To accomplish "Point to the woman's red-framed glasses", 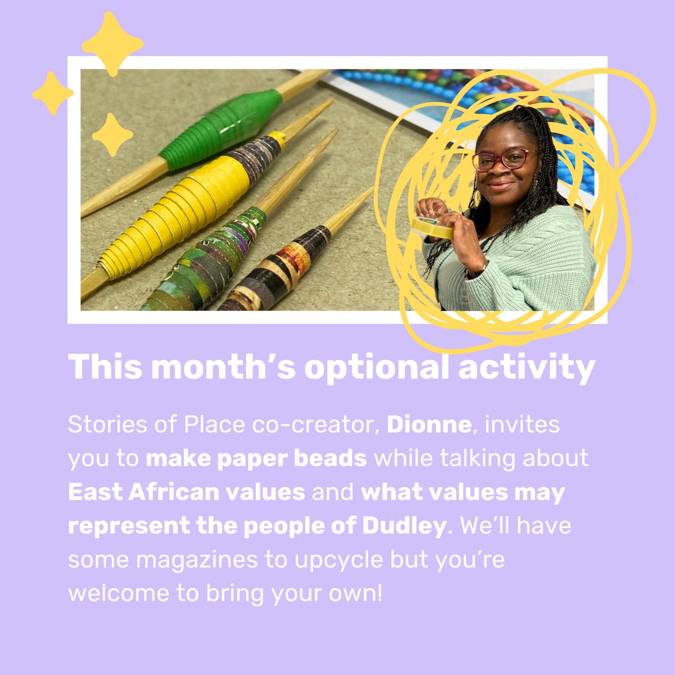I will point(503,159).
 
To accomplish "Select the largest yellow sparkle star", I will point(112,43).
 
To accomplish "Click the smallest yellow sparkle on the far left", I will point(52,93).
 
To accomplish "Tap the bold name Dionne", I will point(429,424).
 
